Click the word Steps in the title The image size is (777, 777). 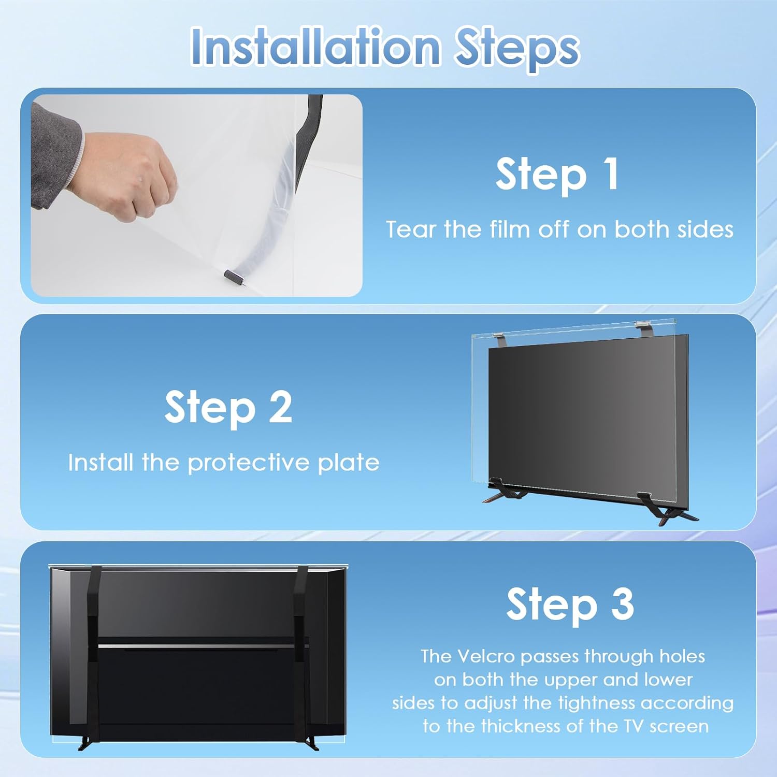coord(517,49)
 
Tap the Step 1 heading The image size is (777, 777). coord(557,175)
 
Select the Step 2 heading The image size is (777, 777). coord(228,408)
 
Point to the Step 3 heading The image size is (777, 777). coord(570,604)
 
